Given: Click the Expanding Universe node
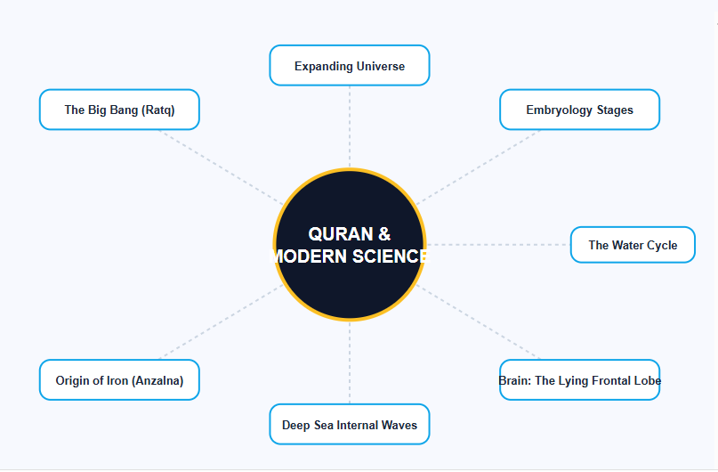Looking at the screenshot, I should pos(350,66).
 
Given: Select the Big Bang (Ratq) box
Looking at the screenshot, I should pos(119,110).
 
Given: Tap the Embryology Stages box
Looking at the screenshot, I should pos(579,110).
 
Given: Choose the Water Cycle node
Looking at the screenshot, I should pos(633,245).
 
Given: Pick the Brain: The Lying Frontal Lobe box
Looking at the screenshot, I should pos(579,380).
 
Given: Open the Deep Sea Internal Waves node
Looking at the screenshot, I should pos(350,425).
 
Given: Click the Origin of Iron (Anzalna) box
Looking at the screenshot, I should pos(119,380).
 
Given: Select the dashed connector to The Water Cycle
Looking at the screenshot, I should pos(498,244).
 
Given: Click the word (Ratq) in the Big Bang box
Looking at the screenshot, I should pos(158,110).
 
